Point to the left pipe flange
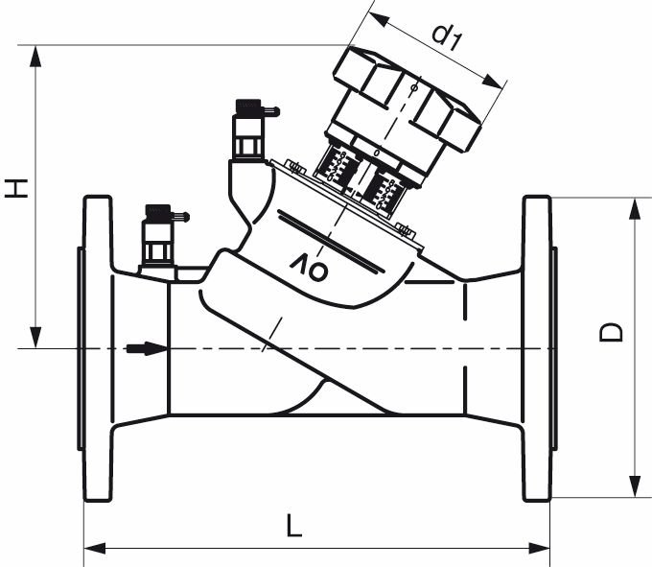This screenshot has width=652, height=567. [x=97, y=348]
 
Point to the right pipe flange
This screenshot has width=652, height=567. [x=536, y=348]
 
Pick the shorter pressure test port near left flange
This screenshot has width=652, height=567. [x=157, y=235]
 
